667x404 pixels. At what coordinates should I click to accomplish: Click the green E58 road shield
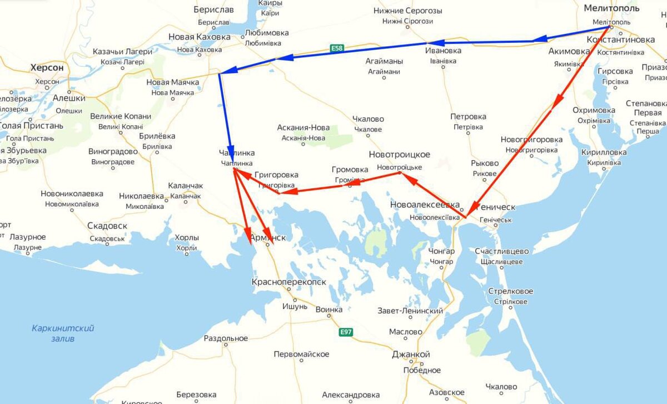click(x=337, y=48)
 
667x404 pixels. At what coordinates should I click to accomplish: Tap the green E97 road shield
click(x=346, y=332)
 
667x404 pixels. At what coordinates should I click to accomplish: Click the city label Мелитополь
click(x=611, y=8)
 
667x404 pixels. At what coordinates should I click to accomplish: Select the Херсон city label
click(x=47, y=67)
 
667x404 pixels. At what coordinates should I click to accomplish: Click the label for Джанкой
click(x=411, y=354)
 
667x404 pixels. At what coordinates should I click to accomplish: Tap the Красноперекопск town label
click(x=289, y=283)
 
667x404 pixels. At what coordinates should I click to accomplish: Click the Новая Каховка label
click(x=199, y=37)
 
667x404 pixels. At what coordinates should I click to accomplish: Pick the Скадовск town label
click(x=107, y=226)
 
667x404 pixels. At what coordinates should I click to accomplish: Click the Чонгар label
click(x=441, y=252)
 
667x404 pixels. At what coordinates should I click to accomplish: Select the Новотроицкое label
click(x=399, y=154)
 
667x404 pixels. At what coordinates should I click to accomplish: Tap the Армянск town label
click(x=268, y=238)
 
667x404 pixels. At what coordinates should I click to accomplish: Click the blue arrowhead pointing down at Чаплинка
click(x=230, y=158)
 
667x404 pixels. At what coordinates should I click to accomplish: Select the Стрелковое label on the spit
click(x=510, y=292)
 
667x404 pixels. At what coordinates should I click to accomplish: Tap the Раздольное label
click(x=226, y=338)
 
